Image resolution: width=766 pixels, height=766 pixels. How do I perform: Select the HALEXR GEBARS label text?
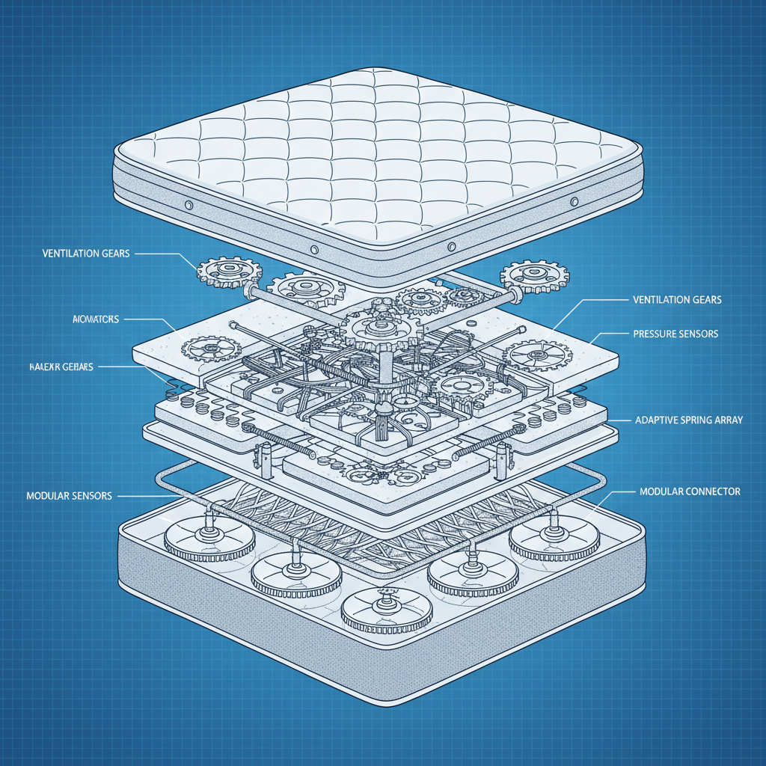pos(61,367)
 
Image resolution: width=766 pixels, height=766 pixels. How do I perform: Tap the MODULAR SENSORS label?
pos(69,496)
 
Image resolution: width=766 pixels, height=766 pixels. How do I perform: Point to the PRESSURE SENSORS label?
pos(675,334)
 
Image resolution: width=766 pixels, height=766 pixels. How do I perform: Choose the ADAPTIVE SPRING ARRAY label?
pos(689,420)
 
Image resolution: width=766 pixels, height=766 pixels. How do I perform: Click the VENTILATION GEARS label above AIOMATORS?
pos(86,254)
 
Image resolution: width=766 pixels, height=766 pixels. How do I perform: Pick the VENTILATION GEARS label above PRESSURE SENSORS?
pos(678,300)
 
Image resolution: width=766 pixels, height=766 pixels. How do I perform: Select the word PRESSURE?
pos(656,334)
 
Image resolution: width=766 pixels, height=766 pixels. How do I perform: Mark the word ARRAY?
pos(729,420)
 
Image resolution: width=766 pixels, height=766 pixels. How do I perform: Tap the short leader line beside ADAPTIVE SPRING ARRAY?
pos(619,420)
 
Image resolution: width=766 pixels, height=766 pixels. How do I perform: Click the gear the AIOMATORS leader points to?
pos(212,347)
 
